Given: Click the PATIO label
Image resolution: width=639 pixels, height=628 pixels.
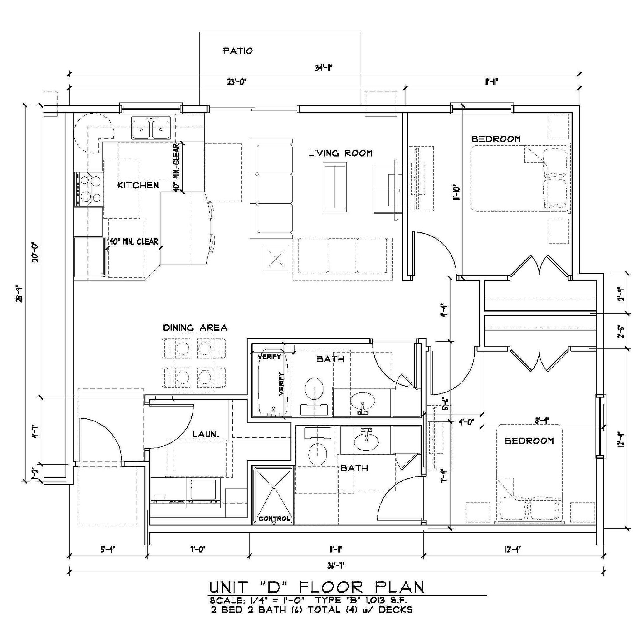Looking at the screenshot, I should coord(238,51).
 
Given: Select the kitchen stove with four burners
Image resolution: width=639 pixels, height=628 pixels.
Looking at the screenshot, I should coord(88,189).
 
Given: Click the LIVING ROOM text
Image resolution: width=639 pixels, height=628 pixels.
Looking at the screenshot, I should coord(340,153).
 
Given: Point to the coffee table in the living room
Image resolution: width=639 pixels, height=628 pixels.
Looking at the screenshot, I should coord(334,187).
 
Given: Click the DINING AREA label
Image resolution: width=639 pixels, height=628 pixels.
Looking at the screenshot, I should coord(195,328).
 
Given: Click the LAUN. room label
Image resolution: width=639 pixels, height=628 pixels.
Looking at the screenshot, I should coord(206,434).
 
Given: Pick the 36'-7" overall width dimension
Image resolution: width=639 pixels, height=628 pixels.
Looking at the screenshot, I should coord(336,566).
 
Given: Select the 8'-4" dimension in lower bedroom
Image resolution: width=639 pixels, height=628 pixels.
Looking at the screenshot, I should coord(542,421).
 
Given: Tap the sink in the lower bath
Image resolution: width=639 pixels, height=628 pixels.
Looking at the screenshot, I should coord(366,442).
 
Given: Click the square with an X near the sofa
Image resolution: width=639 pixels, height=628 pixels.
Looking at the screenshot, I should coord(276,259).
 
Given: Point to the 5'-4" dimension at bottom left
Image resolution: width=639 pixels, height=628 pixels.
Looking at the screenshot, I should coord(108,549).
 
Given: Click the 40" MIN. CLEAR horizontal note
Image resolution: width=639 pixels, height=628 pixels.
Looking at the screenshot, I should coord(134,242).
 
